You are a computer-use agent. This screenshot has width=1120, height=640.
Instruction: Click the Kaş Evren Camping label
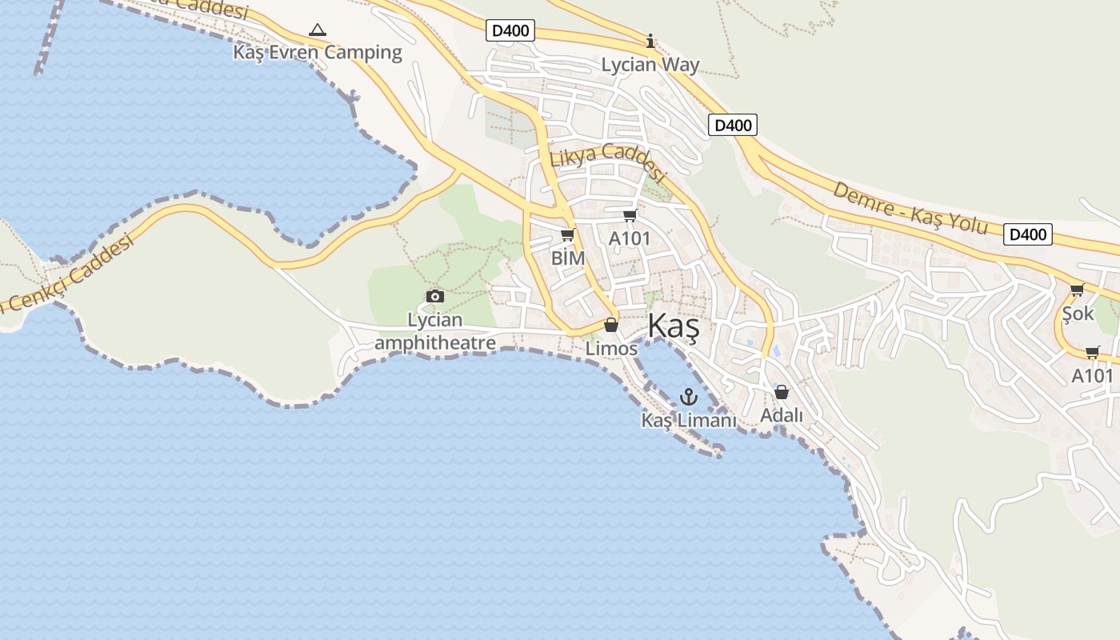318,53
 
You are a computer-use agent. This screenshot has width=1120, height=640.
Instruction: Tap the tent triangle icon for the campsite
318,30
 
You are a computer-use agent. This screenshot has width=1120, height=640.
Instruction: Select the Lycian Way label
650,66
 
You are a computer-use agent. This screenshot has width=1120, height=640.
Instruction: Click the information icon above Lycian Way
650,41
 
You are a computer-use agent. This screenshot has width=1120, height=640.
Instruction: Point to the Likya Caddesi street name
608,161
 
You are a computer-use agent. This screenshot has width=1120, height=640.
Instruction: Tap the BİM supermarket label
568,258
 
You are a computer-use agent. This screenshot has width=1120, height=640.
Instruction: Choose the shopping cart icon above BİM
568,235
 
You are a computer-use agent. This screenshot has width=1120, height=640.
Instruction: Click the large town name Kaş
674,326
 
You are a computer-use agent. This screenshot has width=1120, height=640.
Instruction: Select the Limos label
611,349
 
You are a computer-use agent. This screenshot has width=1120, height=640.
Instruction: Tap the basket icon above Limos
611,326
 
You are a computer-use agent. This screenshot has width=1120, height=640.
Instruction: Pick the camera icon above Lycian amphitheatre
435,297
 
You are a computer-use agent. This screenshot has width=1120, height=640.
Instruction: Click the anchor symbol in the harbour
689,396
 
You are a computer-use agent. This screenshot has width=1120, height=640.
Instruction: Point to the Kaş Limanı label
689,420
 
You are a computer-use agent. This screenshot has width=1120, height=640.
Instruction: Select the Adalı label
782,416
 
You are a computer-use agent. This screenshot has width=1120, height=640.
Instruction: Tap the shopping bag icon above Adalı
782,392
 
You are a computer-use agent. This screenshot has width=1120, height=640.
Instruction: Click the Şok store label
1078,314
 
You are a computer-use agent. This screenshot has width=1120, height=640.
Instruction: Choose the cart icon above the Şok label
1077,290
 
